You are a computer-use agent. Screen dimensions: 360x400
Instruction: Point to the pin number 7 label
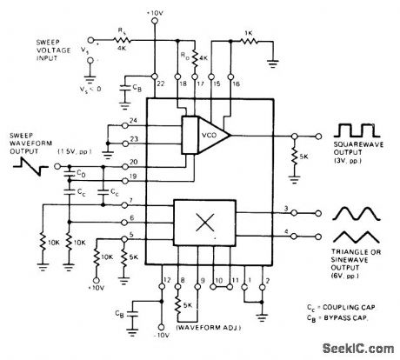click(131, 202)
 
